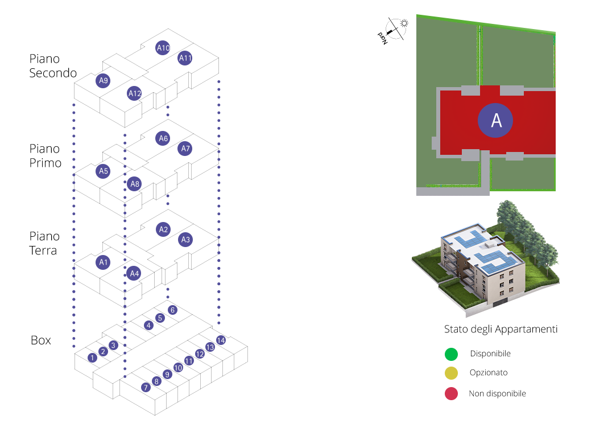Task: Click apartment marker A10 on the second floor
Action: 163,48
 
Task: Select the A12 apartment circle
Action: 135,93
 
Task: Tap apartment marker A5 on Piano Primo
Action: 103,171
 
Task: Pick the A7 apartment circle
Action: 185,149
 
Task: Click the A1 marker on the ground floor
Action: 103,262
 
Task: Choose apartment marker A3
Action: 185,240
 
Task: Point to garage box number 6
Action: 172,310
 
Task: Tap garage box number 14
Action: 221,340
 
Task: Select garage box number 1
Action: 93,357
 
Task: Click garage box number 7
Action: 146,387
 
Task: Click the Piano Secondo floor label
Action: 53,66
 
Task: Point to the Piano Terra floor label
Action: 44,243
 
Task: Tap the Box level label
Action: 41,340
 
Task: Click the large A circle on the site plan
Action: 495,121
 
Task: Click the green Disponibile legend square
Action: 451,354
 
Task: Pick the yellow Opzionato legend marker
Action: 451,373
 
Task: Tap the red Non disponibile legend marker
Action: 451,393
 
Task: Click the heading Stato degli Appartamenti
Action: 501,330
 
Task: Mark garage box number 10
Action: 178,368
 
